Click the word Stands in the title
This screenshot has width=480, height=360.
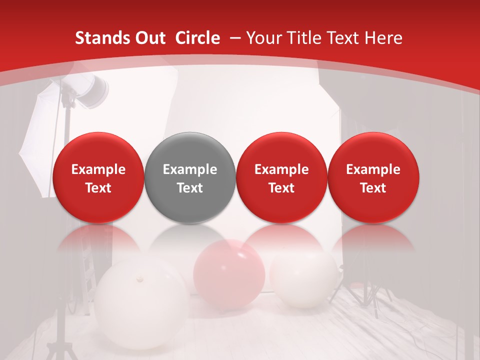tap(98, 38)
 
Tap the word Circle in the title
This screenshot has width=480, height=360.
tap(197, 38)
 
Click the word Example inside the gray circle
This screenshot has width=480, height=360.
tap(190, 169)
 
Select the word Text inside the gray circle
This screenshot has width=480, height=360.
tap(190, 188)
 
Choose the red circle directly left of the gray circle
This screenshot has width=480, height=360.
tap(98, 177)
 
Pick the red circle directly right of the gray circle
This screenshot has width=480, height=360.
tap(281, 177)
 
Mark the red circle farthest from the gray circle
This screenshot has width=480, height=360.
tap(373, 177)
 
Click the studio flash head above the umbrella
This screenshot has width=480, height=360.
tap(93, 90)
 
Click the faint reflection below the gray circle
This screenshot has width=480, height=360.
tap(189, 237)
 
